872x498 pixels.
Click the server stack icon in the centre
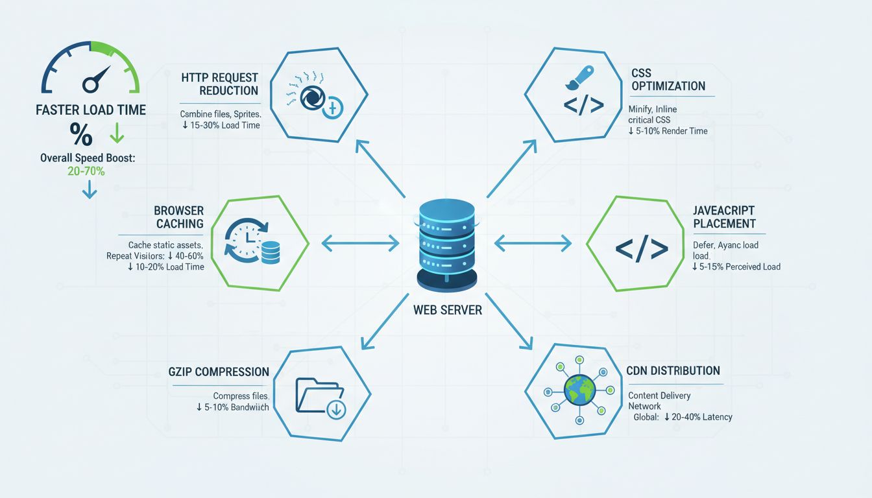447,246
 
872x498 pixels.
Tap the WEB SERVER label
447,310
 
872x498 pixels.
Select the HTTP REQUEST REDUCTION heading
220,84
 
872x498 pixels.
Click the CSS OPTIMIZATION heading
668,80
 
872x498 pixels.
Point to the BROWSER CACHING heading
179,217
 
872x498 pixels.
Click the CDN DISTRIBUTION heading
673,371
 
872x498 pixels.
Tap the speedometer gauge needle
95,78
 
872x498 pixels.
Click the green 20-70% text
86,171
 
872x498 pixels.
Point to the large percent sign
80,134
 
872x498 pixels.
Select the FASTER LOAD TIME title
91,110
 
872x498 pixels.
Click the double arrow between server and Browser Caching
361,243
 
